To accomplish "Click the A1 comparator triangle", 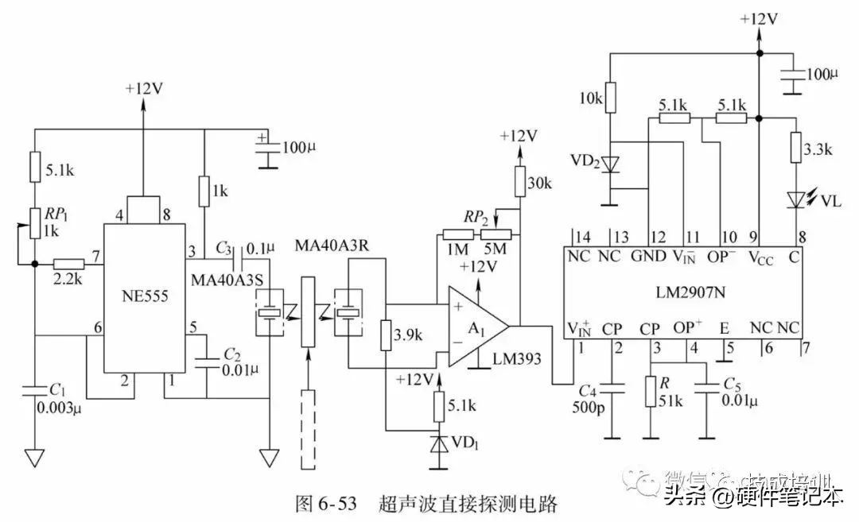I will pos(474,326).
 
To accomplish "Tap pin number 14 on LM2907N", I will pos(584,235).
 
